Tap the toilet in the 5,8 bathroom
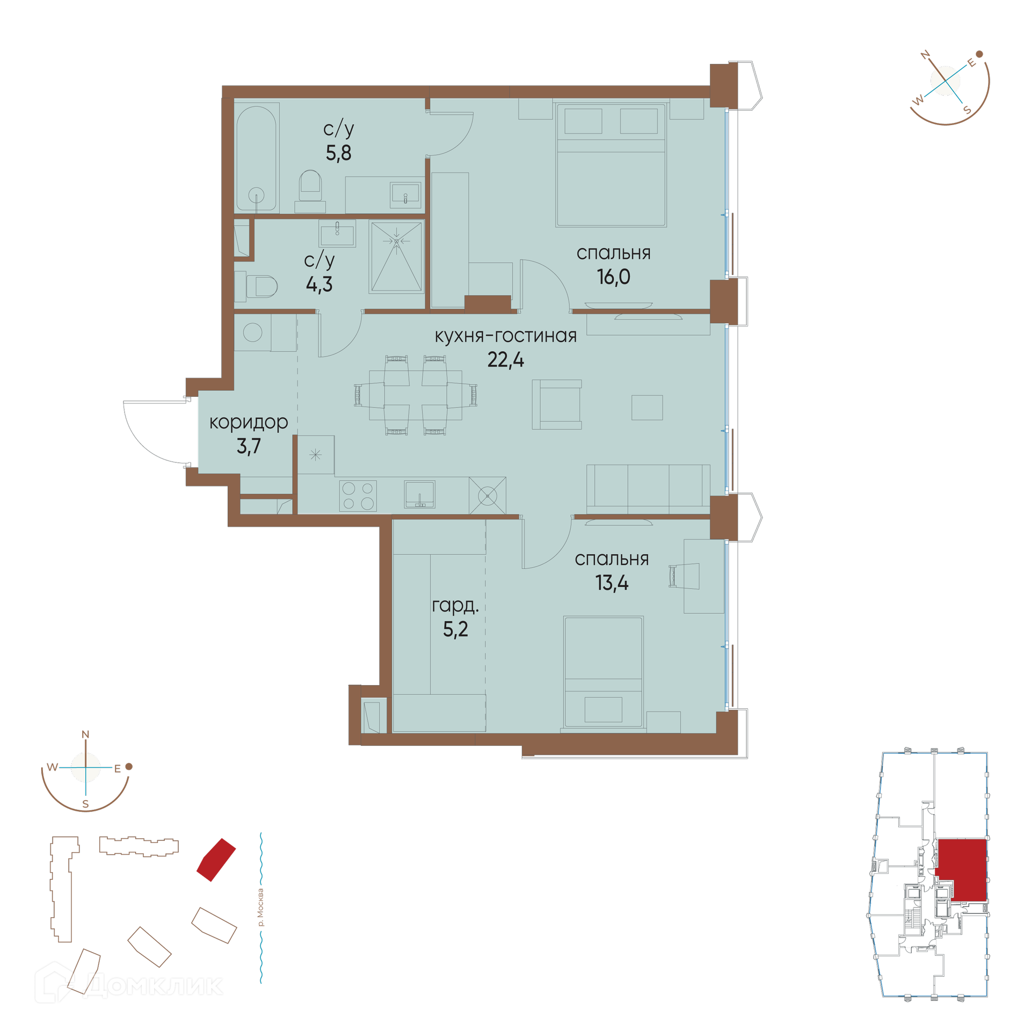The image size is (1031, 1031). [x=310, y=191]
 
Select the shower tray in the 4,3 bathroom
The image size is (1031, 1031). [x=396, y=257]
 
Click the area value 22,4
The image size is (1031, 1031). [x=505, y=359]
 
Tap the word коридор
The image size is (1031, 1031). [x=249, y=423]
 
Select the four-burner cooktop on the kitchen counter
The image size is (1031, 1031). [x=358, y=496]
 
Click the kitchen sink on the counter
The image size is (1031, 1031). [x=419, y=495]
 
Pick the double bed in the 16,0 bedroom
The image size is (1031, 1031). [x=611, y=165]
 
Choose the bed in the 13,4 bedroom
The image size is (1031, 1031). [x=604, y=672]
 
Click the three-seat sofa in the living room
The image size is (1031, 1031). [x=648, y=489]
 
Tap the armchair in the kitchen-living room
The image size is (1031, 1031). [x=557, y=404]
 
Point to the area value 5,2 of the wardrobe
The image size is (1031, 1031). [x=455, y=629]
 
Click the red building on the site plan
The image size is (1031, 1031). [x=216, y=860]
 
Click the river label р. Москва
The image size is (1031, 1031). [x=260, y=907]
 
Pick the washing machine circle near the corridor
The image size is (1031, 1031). [x=252, y=332]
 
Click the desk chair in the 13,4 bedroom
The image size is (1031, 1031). [x=684, y=576]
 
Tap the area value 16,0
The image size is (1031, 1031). [x=613, y=277]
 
